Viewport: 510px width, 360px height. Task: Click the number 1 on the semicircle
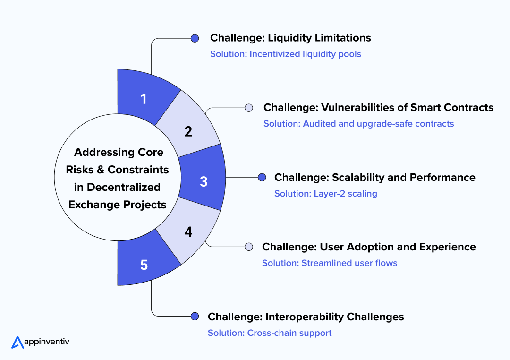144,99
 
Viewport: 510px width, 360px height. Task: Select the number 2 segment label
188,132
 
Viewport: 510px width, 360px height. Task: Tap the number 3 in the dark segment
204,181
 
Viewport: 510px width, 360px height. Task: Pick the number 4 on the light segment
188,232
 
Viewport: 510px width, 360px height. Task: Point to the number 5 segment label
144,265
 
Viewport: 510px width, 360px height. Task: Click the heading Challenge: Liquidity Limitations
290,38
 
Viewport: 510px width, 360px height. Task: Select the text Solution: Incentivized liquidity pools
285,54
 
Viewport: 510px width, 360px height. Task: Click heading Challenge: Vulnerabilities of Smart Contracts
378,108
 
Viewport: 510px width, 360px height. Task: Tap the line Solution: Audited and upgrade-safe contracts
358,124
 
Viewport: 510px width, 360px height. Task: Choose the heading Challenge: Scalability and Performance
374,178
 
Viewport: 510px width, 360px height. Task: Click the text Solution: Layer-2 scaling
325,194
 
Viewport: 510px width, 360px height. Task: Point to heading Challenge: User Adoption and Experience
369,247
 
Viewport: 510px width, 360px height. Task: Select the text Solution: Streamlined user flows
330,263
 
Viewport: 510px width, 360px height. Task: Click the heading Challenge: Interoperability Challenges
306,317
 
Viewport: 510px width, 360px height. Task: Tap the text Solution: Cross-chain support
270,333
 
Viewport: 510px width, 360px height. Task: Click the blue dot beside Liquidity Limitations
195,38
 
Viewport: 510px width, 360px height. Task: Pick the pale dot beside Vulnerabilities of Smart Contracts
248,108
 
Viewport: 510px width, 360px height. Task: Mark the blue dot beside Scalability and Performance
262,178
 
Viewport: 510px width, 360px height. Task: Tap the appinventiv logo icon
17,342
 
